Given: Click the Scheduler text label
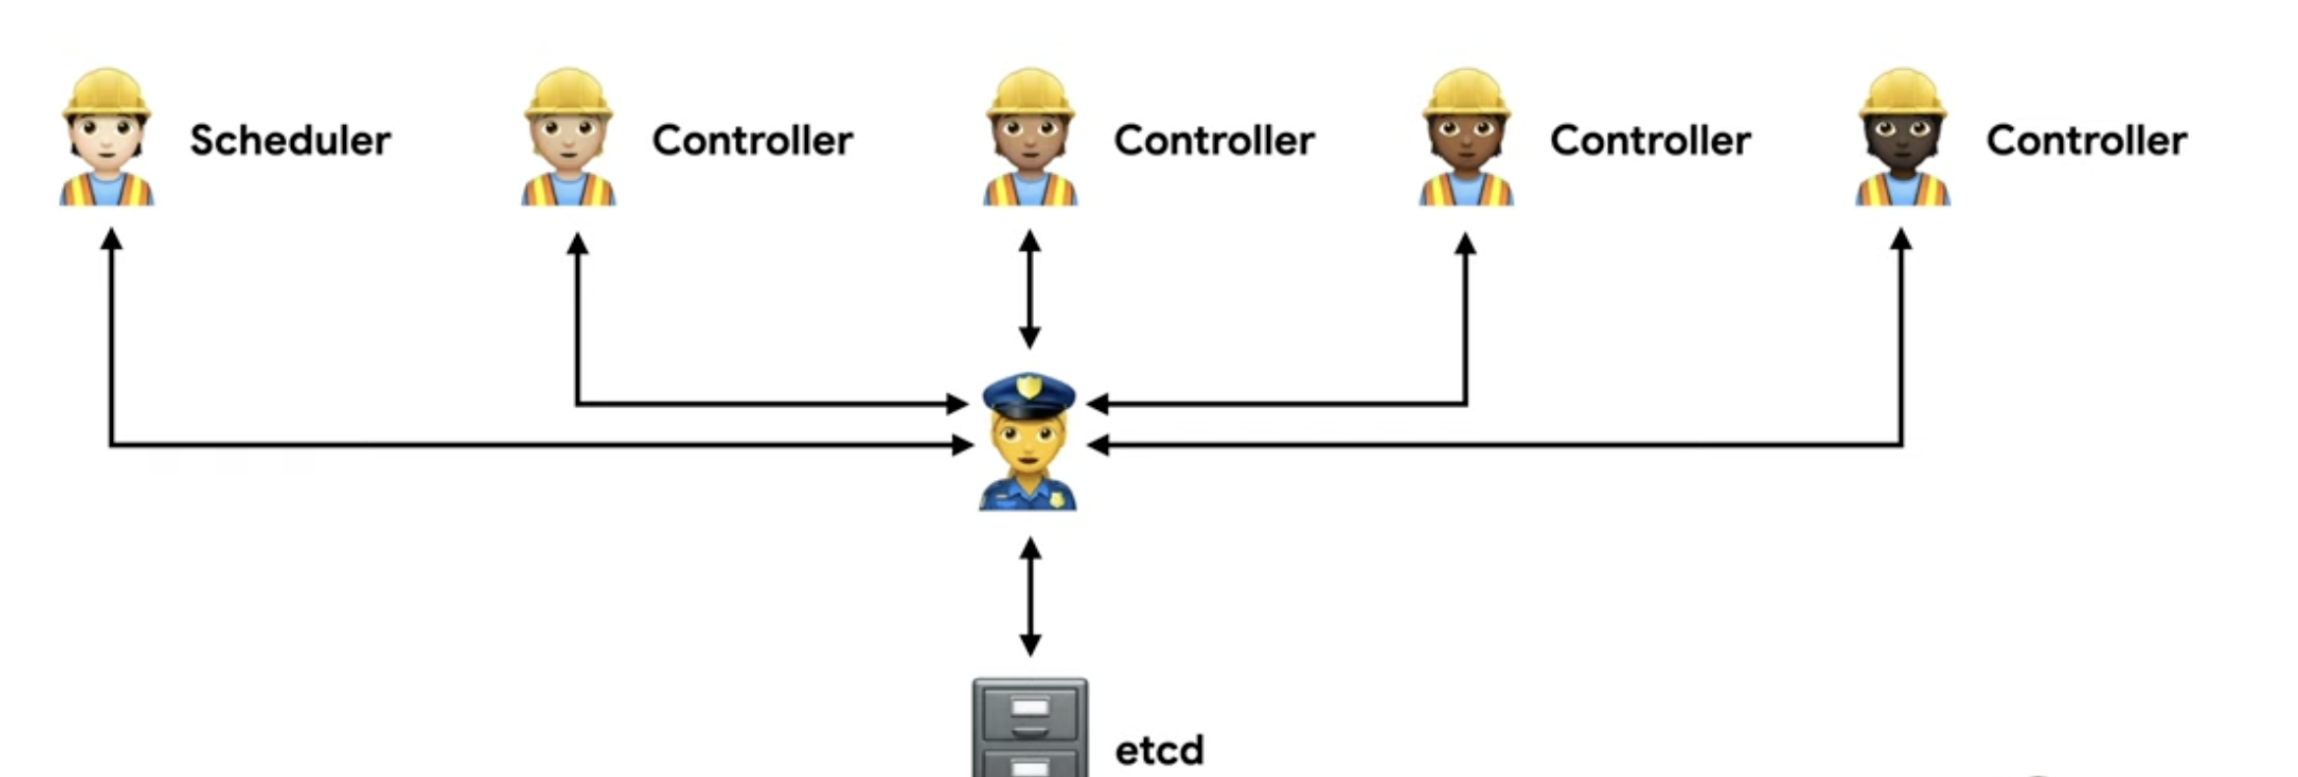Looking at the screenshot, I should (290, 141).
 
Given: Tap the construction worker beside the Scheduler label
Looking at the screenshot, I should (106, 138).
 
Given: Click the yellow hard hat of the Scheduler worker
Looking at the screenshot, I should (106, 93).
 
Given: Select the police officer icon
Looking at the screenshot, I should (1028, 442).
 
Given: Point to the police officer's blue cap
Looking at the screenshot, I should (1028, 393).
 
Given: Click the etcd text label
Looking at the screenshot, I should (1159, 750).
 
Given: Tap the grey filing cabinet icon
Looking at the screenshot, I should (1029, 728).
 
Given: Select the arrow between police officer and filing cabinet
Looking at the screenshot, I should (1029, 596).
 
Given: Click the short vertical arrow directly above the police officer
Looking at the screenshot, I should (1029, 289).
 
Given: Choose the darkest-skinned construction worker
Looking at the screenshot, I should (1902, 138).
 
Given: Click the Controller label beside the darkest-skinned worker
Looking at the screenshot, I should (2086, 141).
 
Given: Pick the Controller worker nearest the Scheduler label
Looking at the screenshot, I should (568, 138).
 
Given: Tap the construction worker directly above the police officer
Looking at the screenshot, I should (1029, 138).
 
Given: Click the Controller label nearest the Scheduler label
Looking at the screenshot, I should (752, 141).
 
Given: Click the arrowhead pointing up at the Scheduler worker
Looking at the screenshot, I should (111, 239).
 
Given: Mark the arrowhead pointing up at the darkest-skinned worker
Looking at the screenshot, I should (1901, 239).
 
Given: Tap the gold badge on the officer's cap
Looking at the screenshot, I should (1029, 387).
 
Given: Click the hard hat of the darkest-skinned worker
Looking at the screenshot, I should (1902, 93).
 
